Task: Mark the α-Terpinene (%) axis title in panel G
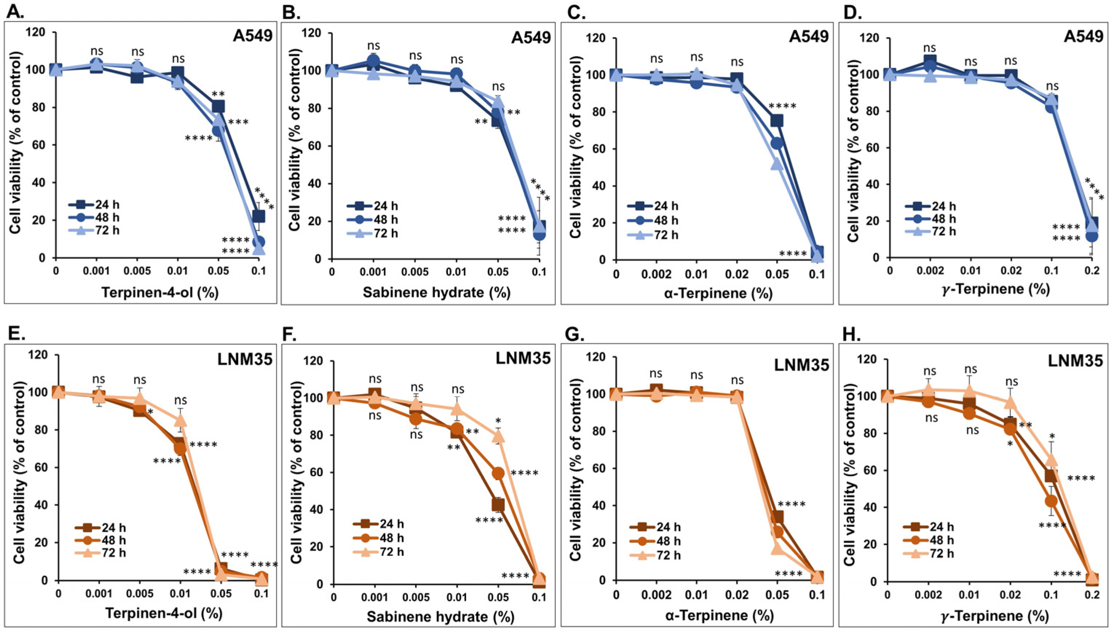point(718,616)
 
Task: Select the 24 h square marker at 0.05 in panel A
point(218,106)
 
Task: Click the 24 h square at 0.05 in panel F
point(498,505)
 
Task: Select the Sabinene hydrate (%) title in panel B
point(436,292)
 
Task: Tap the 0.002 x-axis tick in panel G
point(656,593)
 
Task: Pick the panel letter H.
point(849,334)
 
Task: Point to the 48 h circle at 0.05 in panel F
point(498,473)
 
